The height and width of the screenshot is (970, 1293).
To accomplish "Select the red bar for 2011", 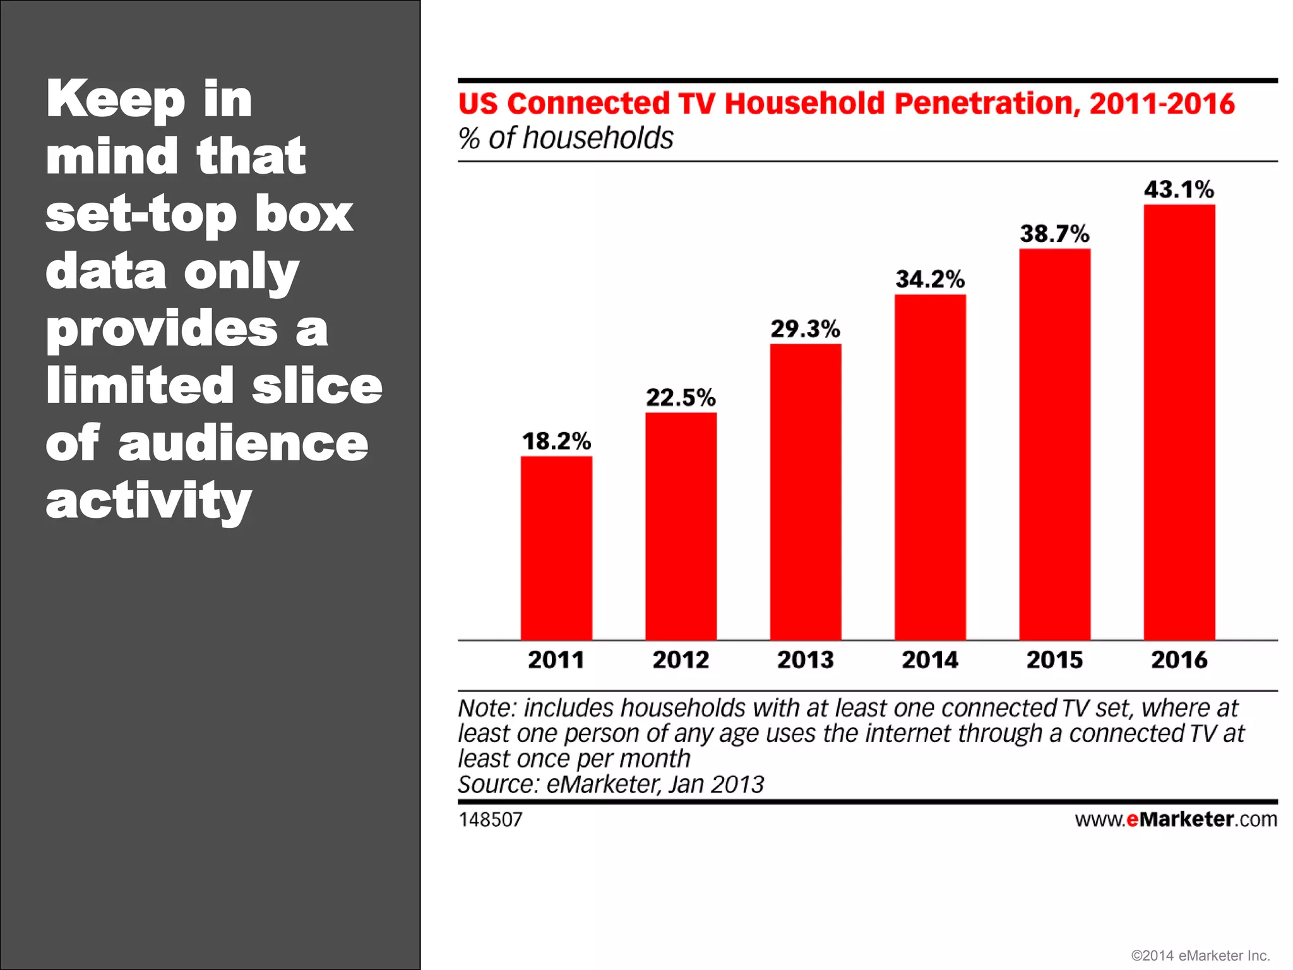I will (556, 548).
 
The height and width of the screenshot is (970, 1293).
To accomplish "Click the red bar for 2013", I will (806, 492).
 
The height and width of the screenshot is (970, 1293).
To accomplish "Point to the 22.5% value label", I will (681, 398).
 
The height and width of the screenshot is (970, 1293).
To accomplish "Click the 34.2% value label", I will (930, 279).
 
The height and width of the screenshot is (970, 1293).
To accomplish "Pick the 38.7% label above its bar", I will (1054, 234).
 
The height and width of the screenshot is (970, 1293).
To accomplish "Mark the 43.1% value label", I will (1179, 189).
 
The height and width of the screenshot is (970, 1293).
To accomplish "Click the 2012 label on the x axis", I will (681, 660).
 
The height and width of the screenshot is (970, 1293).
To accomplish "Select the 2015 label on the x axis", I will (1054, 660).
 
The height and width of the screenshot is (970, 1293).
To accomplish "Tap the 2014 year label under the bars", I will (930, 660).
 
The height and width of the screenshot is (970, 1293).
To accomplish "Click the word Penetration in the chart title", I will (987, 104).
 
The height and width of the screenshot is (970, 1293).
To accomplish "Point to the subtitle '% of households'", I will (566, 138).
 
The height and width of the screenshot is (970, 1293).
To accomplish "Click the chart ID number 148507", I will (491, 820).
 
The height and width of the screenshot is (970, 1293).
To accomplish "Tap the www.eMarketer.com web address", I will (1176, 819).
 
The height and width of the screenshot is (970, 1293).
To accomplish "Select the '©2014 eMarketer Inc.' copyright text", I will (1200, 955).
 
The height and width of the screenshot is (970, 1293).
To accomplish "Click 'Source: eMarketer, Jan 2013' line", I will (611, 785).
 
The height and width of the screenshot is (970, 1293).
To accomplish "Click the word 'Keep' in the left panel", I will (116, 100).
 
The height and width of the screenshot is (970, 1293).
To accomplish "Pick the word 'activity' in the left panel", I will (149, 501).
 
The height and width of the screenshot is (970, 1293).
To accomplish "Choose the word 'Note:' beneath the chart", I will (487, 709).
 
